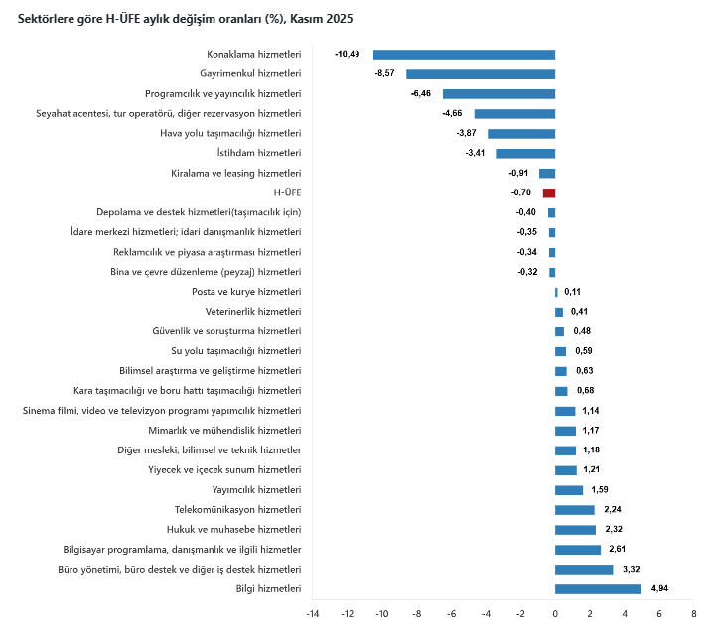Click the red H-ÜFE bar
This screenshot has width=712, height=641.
(549, 192)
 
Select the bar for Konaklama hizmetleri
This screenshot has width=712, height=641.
(464, 54)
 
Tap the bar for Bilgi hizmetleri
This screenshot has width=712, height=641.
(598, 588)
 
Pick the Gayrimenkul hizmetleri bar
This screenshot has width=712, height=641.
(481, 73)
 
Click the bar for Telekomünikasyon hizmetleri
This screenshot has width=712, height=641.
(575, 509)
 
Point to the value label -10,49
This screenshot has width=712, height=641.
(348, 54)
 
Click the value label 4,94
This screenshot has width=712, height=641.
(659, 588)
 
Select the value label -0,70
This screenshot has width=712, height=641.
(522, 192)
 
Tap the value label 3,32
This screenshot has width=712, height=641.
(632, 569)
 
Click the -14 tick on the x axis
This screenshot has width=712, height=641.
(312, 614)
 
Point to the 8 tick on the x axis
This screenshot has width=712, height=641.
(694, 614)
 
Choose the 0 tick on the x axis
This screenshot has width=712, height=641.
(555, 614)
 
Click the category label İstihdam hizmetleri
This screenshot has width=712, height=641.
(258, 153)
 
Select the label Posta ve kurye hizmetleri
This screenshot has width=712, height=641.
(245, 292)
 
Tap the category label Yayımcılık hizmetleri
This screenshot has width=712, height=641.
(256, 489)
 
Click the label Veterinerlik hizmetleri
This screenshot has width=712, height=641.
(252, 312)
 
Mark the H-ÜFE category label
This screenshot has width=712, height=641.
(286, 192)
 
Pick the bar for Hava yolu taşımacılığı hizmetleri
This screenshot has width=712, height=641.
(521, 133)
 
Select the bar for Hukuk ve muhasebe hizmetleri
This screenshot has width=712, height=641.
(575, 529)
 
